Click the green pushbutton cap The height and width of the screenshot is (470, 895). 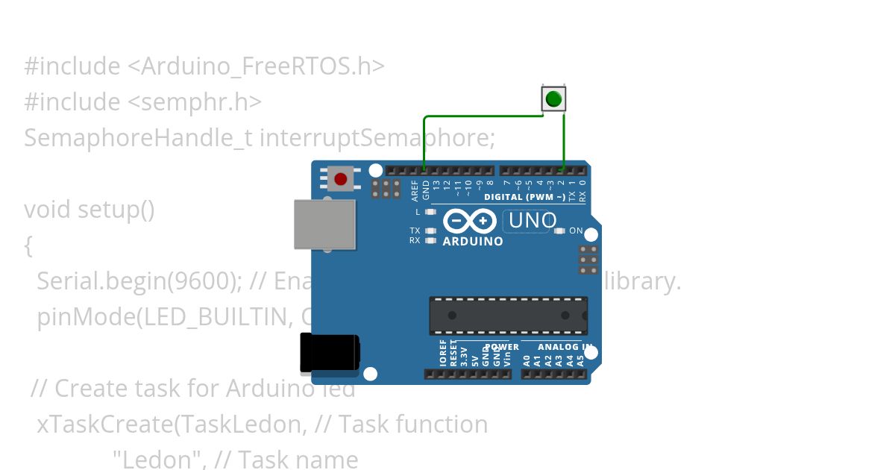(553, 98)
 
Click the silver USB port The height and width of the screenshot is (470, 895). (324, 224)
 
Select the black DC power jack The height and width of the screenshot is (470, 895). (329, 353)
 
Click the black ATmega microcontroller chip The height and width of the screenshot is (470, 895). (508, 316)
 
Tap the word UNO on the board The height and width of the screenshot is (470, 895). (533, 221)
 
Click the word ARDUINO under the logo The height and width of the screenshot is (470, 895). (473, 242)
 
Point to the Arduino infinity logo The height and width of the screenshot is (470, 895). (470, 222)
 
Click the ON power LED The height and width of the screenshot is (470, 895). (561, 231)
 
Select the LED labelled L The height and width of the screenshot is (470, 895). (430, 212)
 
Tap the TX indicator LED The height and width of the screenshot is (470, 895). (430, 231)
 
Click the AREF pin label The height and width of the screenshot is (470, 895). (415, 189)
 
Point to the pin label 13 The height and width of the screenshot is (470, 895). (436, 186)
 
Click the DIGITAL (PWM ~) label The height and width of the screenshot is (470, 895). (524, 198)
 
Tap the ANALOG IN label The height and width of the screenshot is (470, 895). (565, 348)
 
